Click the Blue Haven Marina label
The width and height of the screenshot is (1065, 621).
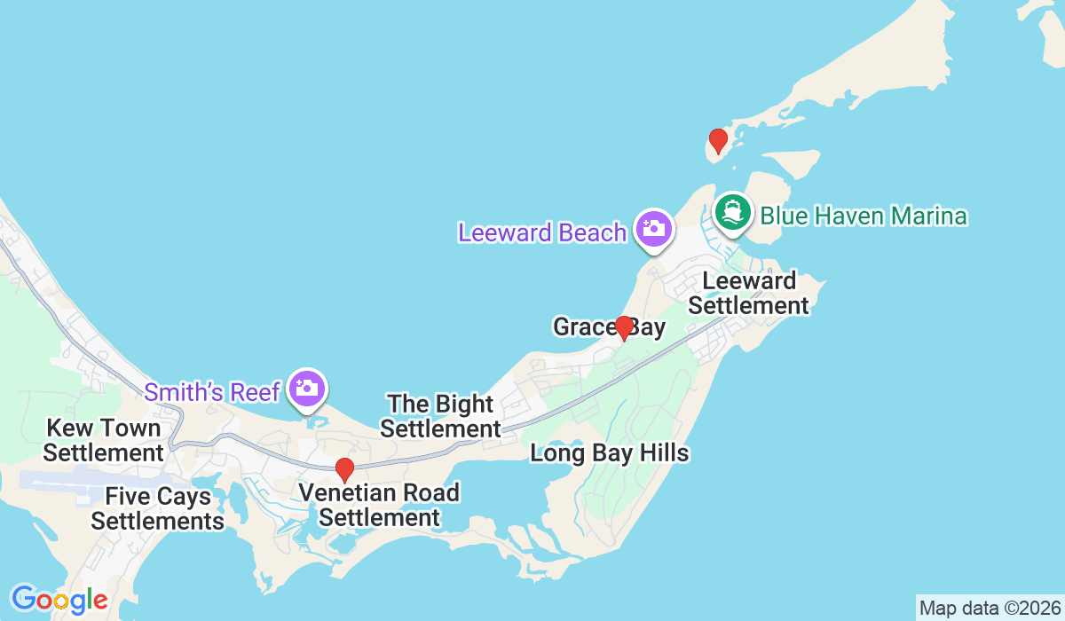pyautogui.click(x=863, y=216)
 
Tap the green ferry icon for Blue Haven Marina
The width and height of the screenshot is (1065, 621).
pyautogui.click(x=733, y=212)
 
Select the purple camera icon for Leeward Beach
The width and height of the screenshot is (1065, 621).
pyautogui.click(x=654, y=229)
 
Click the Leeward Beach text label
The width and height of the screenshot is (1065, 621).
pyautogui.click(x=542, y=232)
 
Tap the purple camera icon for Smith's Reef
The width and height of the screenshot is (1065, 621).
pyautogui.click(x=308, y=388)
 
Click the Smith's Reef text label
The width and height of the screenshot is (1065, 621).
pyautogui.click(x=212, y=391)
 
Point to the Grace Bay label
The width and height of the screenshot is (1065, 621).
pyautogui.click(x=609, y=327)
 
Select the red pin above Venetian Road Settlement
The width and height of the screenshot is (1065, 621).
pyautogui.click(x=344, y=469)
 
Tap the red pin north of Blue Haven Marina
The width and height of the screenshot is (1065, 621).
pyautogui.click(x=718, y=140)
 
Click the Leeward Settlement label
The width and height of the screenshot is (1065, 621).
pyautogui.click(x=749, y=294)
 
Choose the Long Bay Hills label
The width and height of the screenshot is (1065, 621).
pyautogui.click(x=609, y=453)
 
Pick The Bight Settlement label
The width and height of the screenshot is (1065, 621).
pyautogui.click(x=441, y=416)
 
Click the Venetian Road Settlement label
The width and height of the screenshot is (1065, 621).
pyautogui.click(x=379, y=505)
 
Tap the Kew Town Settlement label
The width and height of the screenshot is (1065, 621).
pyautogui.click(x=104, y=440)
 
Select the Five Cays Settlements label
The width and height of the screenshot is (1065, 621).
pyautogui.click(x=157, y=508)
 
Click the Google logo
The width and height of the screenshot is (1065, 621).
pyautogui.click(x=59, y=600)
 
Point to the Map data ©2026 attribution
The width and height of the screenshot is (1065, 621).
pyautogui.click(x=989, y=609)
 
